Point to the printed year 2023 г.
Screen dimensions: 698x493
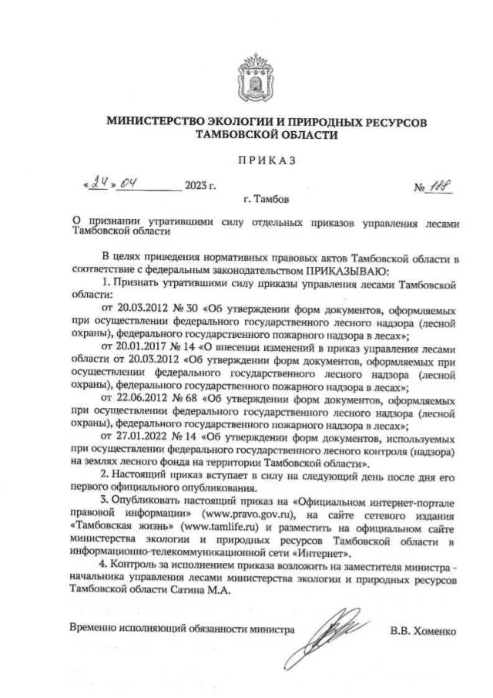pos(200,187)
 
